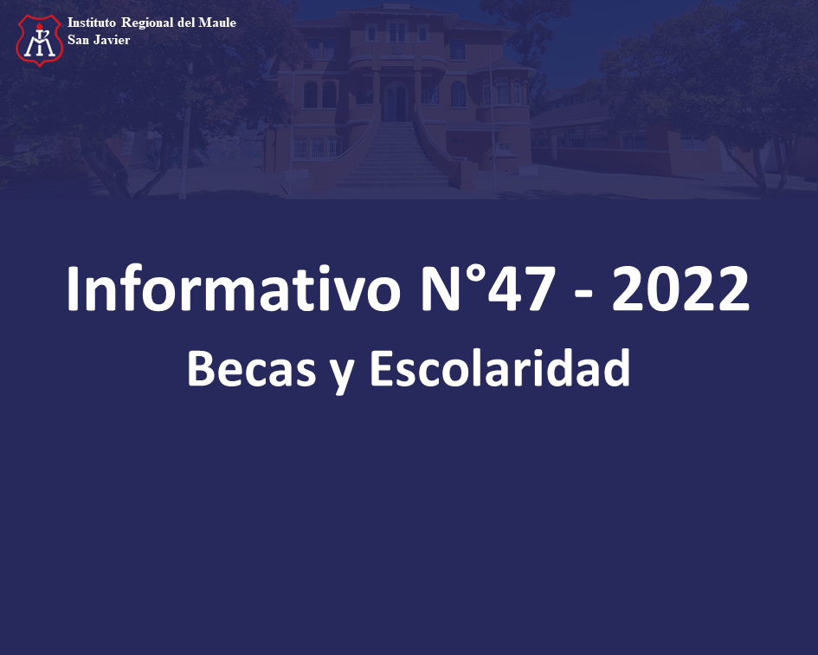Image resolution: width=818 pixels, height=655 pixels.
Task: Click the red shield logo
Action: (x=40, y=41)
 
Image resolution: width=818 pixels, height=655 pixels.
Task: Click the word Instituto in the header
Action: (x=91, y=23)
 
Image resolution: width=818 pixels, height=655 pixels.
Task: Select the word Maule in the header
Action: (x=217, y=23)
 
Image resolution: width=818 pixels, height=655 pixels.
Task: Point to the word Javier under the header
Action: (x=112, y=40)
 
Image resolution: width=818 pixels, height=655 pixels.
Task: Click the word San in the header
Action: (x=78, y=40)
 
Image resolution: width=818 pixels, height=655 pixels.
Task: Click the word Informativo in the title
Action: (x=233, y=289)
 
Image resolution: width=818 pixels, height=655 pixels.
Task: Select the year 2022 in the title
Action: (x=680, y=289)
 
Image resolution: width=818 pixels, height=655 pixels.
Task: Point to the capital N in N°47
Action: (x=441, y=289)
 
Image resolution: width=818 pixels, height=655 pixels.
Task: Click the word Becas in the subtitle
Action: (x=252, y=367)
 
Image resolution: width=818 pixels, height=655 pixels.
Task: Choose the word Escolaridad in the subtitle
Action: (x=500, y=367)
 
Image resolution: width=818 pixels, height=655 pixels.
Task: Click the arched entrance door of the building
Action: (x=396, y=102)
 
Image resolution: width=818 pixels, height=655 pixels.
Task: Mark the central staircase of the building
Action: (x=394, y=154)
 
